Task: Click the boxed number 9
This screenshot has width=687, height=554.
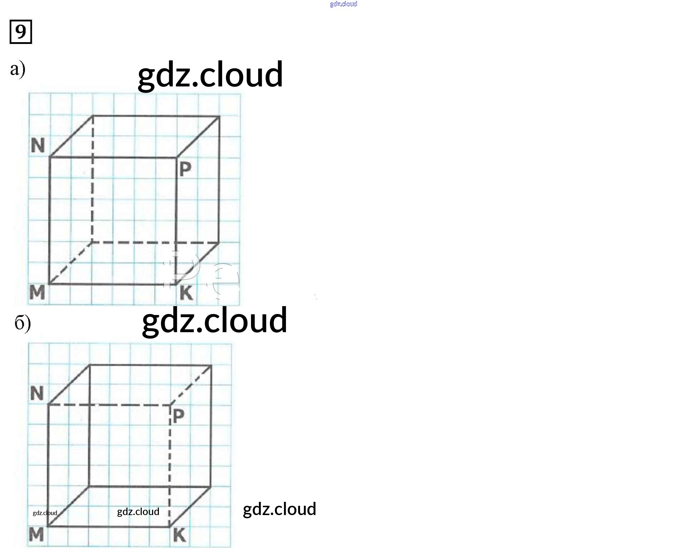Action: coord(21,32)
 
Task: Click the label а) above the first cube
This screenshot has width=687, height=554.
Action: coord(17,69)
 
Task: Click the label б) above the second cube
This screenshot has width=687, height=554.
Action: coord(22,323)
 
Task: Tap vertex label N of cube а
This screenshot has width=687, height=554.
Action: coord(38,146)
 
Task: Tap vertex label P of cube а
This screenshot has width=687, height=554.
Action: coord(185,169)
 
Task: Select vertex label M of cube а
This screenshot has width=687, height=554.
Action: coord(37,293)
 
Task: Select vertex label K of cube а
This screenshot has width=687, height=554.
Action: coord(186,293)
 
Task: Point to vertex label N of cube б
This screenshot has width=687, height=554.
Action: coord(37,393)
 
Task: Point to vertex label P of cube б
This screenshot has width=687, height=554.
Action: coord(179,416)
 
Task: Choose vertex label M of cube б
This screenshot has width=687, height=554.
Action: coord(36,535)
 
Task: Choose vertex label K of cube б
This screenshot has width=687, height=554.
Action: coord(179,535)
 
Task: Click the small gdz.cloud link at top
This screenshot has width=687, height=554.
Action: coord(343,4)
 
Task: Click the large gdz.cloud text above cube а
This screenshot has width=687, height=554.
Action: coord(210,75)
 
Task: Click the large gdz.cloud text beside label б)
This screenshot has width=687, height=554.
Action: coord(214,320)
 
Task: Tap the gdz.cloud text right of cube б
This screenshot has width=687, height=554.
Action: coord(279,509)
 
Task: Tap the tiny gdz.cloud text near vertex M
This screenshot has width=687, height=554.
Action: coord(45,513)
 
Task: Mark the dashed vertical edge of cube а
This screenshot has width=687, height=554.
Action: coord(92,179)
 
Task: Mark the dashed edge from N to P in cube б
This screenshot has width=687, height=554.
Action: coord(109,405)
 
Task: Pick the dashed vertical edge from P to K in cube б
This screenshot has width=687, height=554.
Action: coord(170,464)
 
